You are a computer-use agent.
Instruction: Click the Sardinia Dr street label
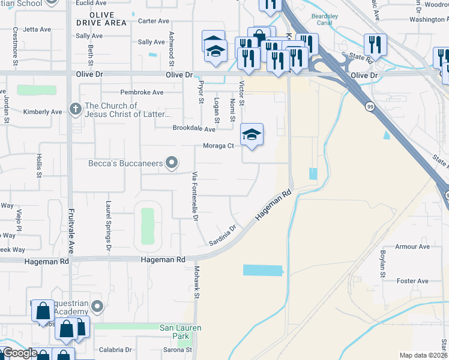224,235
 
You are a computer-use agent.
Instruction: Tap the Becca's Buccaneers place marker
173,162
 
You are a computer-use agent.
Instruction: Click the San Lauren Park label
180,332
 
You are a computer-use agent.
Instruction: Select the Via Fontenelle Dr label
194,196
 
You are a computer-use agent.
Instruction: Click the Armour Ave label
413,247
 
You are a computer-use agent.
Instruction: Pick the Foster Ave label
412,281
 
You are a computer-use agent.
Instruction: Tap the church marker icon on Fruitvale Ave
75,109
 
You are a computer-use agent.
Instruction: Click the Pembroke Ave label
142,92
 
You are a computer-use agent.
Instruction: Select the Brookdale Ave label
193,129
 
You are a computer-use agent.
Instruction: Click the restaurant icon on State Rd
375,44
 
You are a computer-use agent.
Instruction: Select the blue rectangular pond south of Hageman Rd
262,270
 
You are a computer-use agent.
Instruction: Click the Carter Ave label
154,21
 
